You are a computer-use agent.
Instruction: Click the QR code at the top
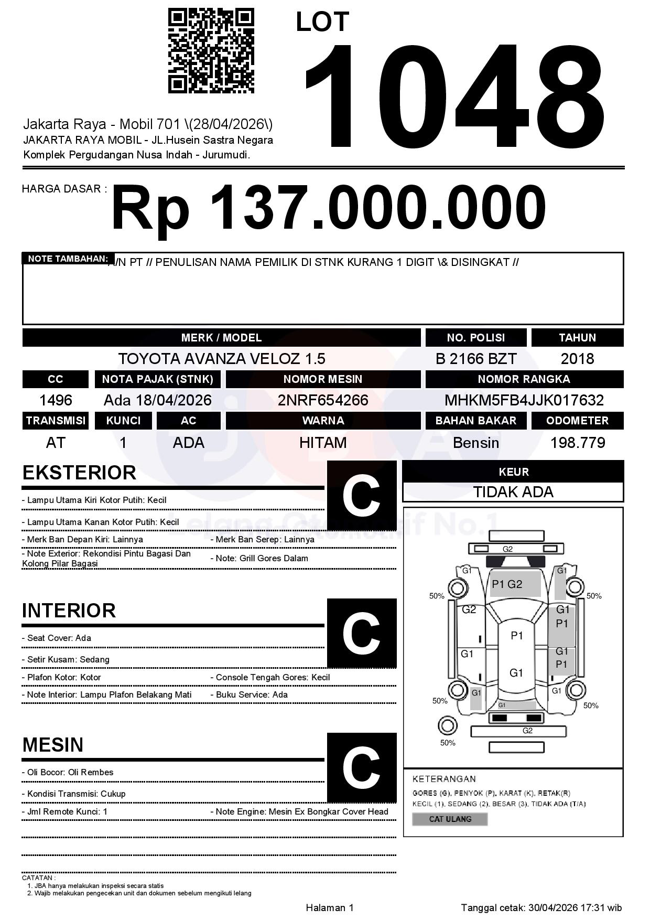pos(211,50)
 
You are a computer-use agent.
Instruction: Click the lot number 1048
pos(454,95)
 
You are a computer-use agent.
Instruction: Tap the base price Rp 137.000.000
pos(328,208)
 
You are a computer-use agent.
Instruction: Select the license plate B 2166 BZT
pos(476,359)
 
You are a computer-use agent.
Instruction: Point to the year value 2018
pos(577,359)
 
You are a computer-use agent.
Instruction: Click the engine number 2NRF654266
pos(323,400)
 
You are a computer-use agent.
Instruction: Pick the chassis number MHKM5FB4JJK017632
pos(524,400)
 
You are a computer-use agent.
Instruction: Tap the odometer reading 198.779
pos(577,443)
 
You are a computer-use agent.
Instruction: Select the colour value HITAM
pos(323,443)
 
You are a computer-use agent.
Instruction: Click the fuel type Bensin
pos(476,443)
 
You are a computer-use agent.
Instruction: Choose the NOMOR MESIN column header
pos(323,379)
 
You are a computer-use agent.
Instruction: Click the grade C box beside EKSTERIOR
pos(361,496)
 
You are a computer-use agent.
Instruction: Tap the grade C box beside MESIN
pos(361,767)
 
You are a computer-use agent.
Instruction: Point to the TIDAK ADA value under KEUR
pos(513,492)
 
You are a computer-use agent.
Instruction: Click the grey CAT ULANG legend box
pos(450,819)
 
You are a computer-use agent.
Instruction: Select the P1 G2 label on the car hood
pos(507,584)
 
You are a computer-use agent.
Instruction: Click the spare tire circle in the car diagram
pos(447,726)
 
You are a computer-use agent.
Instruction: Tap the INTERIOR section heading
pos(69,611)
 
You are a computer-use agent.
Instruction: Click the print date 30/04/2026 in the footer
pos(552,907)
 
